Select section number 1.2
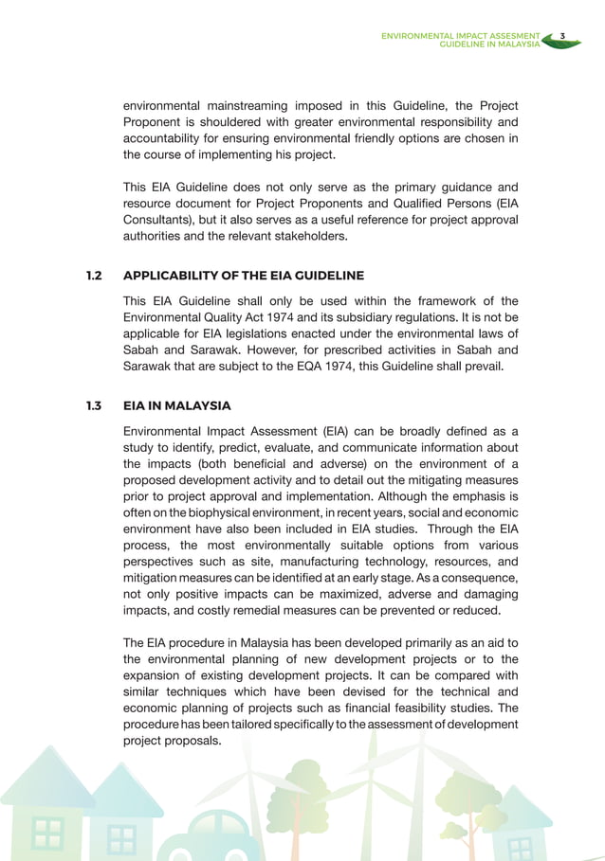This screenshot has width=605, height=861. pos(93,276)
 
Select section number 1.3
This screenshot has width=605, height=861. pos(93,406)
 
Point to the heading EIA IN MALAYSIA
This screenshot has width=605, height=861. pos(177,406)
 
